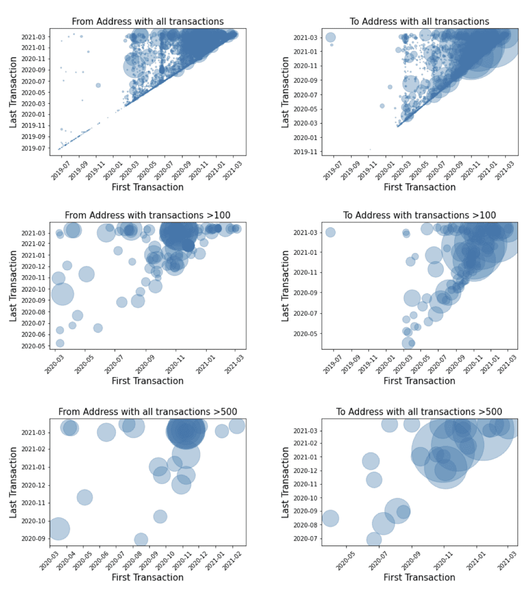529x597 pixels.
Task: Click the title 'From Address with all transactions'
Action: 148,21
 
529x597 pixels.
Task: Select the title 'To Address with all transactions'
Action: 419,21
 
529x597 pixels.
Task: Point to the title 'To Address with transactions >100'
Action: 419,215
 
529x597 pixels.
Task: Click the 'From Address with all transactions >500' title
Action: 148,411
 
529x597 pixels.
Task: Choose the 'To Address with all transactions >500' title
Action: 419,411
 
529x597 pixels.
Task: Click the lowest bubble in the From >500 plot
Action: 141,540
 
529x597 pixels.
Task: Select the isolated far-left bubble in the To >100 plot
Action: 330,232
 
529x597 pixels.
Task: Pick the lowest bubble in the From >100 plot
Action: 60,343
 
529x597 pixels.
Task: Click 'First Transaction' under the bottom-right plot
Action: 419,577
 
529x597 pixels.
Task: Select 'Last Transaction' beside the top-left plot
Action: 14,92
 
